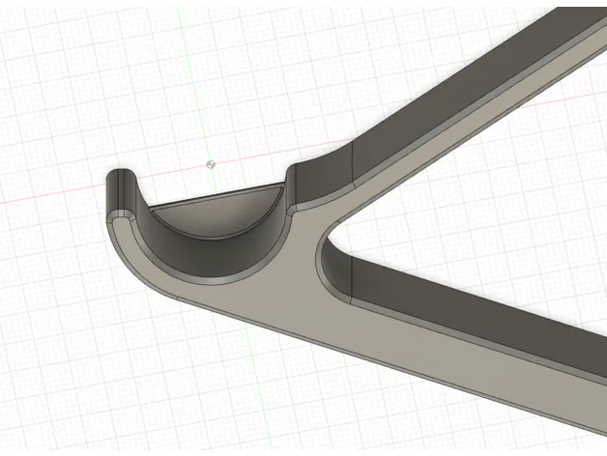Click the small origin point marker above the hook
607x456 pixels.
(212, 164)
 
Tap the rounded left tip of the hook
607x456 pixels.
(116, 178)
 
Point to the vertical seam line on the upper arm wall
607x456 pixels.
(354, 162)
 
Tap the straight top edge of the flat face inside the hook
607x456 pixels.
(222, 191)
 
